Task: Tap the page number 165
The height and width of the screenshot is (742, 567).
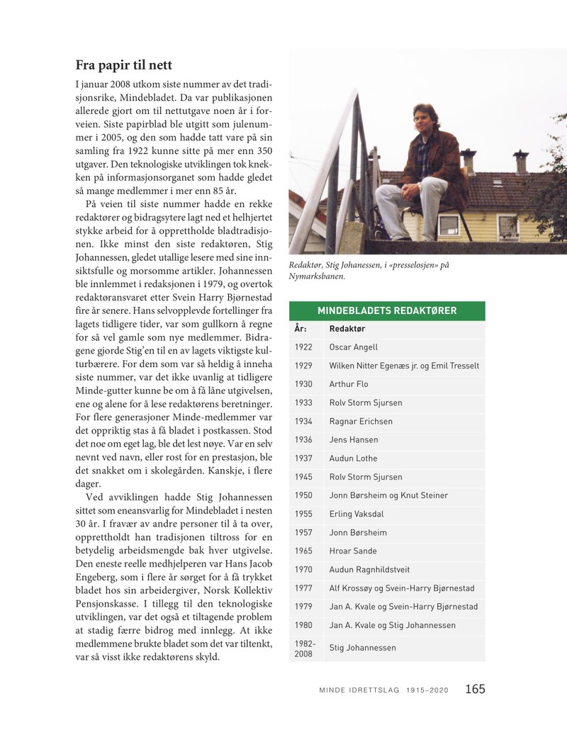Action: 475,689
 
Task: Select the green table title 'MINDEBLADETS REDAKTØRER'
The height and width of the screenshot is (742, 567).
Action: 386,310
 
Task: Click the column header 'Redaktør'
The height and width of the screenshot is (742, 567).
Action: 348,329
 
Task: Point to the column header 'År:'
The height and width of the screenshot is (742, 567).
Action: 301,329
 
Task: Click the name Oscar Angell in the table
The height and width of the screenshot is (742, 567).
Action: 354,347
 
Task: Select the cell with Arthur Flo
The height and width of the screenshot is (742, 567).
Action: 349,384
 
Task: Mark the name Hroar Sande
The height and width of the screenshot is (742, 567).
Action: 353,551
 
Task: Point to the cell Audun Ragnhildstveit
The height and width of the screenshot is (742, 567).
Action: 369,569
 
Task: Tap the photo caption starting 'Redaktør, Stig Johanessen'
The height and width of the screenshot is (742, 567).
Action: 369,270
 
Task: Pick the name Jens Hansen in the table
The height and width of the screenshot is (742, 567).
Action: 354,439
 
